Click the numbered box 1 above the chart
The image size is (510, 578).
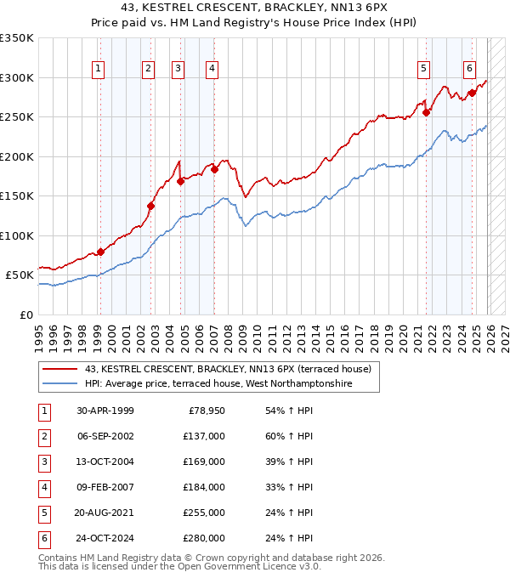(99, 69)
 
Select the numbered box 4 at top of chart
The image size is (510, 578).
(211, 69)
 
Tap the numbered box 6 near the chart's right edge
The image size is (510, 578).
(469, 69)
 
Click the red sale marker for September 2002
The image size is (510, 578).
(150, 206)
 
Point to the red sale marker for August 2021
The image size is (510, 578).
(426, 112)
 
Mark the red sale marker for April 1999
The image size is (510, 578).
(100, 252)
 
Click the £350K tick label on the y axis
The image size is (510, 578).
(17, 38)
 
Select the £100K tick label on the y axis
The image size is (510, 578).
(17, 235)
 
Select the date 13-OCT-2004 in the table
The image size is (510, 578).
(105, 462)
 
